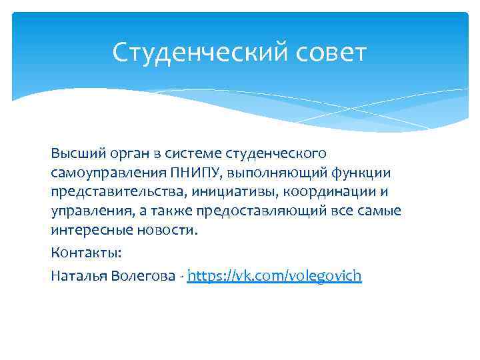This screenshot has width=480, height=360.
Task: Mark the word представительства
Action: [x=119, y=193]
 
